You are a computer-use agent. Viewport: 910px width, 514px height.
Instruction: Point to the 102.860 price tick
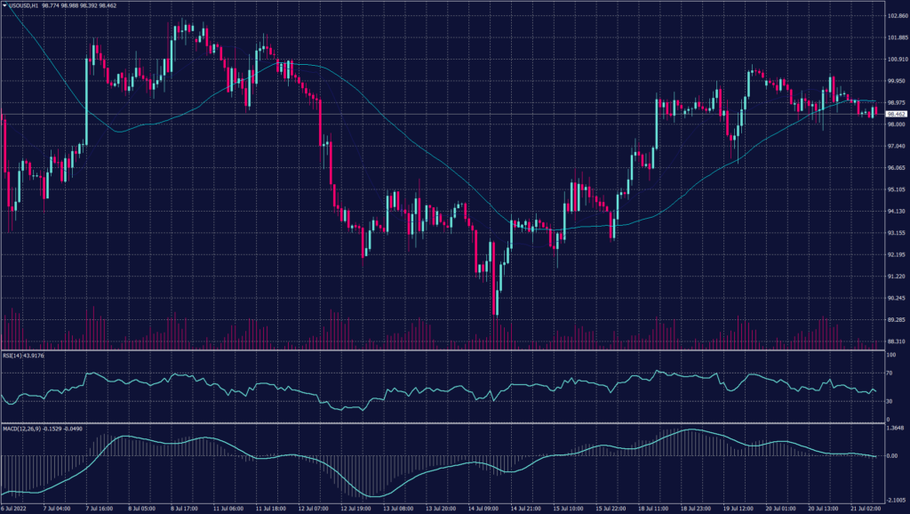tap(897, 16)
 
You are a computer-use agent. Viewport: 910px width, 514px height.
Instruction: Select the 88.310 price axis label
tap(897, 341)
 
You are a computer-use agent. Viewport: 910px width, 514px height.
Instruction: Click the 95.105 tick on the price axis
tap(897, 189)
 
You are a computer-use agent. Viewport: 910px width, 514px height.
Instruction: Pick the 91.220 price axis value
tap(897, 276)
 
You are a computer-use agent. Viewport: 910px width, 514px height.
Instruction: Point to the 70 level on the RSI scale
tap(890, 373)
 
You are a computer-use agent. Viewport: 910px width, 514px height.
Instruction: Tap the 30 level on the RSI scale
tap(890, 401)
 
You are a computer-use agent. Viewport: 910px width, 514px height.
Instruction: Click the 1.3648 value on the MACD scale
tap(896, 429)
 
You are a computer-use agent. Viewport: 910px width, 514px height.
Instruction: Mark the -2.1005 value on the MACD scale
tap(896, 500)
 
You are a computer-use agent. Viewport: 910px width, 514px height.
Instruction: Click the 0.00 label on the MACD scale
tap(892, 456)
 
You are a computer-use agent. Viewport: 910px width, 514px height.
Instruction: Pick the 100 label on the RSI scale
tap(890, 355)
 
